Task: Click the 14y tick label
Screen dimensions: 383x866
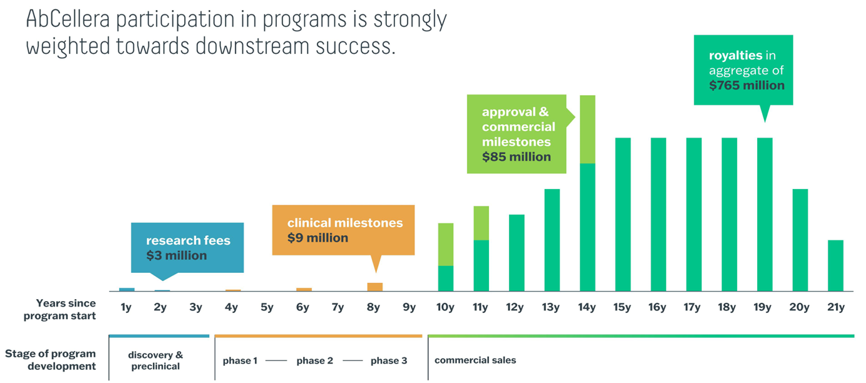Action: click(587, 307)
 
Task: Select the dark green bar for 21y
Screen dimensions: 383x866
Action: click(835, 265)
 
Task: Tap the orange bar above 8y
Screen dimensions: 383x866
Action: click(374, 287)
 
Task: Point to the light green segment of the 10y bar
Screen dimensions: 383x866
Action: click(445, 244)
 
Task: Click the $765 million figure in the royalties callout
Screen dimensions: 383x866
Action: click(747, 85)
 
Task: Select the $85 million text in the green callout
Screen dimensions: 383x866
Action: click(517, 156)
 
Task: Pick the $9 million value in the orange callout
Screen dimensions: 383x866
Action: click(317, 238)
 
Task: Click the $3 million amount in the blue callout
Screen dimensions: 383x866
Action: click(177, 255)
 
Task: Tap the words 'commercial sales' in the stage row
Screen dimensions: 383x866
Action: click(475, 360)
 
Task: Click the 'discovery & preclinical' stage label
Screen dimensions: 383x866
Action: click(155, 360)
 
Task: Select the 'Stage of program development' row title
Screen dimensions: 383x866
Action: click(51, 360)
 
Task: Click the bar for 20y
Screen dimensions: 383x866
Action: click(800, 240)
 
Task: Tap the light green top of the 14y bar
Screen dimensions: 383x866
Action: click(587, 129)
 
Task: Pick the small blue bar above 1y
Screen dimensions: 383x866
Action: click(126, 289)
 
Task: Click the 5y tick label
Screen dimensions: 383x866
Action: click(267, 307)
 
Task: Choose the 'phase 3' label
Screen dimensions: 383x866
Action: click(388, 360)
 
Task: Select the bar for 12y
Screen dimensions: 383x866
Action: click(517, 253)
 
